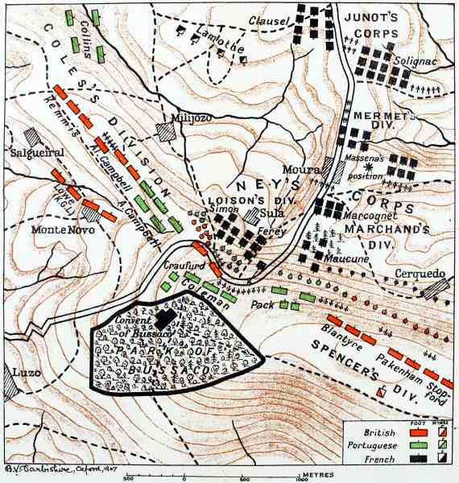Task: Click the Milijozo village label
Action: click(x=189, y=118)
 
